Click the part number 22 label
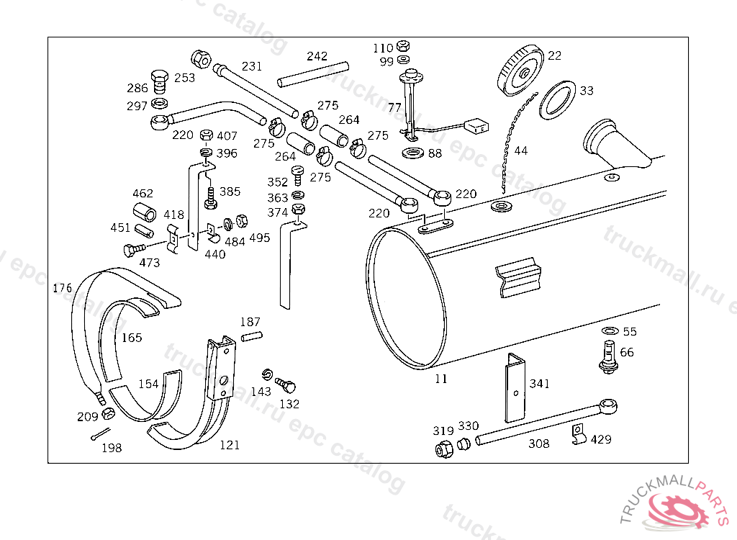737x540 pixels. point(555,55)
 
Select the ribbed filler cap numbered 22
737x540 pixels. point(520,70)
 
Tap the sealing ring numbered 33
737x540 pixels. point(558,100)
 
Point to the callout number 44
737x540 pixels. point(521,150)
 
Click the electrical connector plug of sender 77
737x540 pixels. point(476,126)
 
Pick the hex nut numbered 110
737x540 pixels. point(403,45)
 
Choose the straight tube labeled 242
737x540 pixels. point(313,74)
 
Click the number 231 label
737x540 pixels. point(252,66)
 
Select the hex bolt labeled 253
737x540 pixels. point(160,81)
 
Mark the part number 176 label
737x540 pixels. point(63,287)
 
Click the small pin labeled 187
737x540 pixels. point(252,336)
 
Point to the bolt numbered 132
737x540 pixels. point(285,384)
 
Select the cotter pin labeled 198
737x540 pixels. point(100,434)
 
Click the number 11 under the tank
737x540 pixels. point(441,379)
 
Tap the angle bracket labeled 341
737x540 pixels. point(515,387)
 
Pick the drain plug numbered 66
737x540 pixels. point(610,356)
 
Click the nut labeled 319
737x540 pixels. point(444,449)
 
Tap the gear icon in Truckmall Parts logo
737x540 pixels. point(679,510)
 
